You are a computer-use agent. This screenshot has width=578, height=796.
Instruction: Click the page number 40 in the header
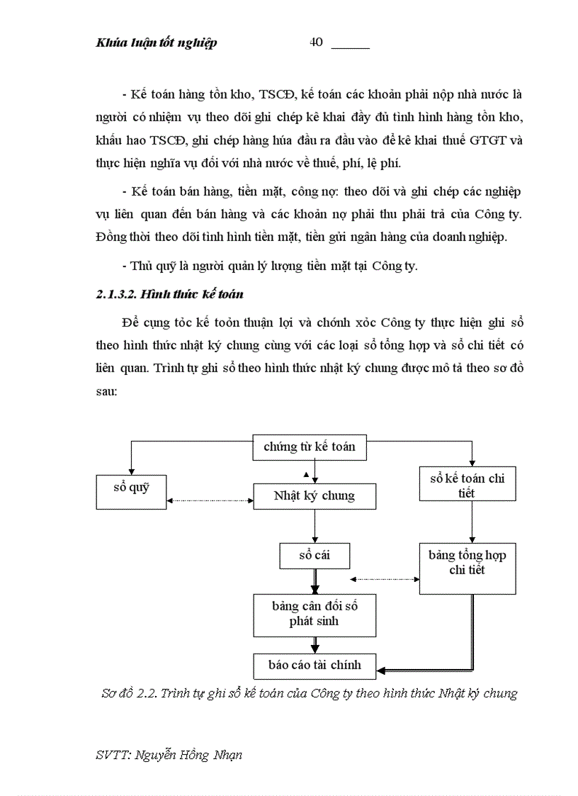pos(316,42)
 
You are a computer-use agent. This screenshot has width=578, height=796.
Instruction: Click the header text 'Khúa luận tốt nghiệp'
pos(156,43)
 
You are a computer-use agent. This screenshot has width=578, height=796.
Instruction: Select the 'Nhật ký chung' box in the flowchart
pos(314,496)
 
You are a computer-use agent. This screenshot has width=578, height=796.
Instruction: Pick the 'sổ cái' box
pos(314,556)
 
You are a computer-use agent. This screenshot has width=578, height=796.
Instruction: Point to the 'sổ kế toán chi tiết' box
pos(467,486)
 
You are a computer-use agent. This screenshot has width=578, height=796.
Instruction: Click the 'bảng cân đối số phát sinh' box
pos(314,615)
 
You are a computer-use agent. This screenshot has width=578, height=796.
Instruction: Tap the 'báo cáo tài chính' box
pos(314,665)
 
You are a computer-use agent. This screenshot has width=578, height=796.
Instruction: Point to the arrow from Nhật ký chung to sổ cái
pos(314,526)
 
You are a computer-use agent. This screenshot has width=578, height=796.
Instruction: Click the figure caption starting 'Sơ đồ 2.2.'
pos(309,693)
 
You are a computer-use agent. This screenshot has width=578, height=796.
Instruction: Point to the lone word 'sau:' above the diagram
pos(106,391)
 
